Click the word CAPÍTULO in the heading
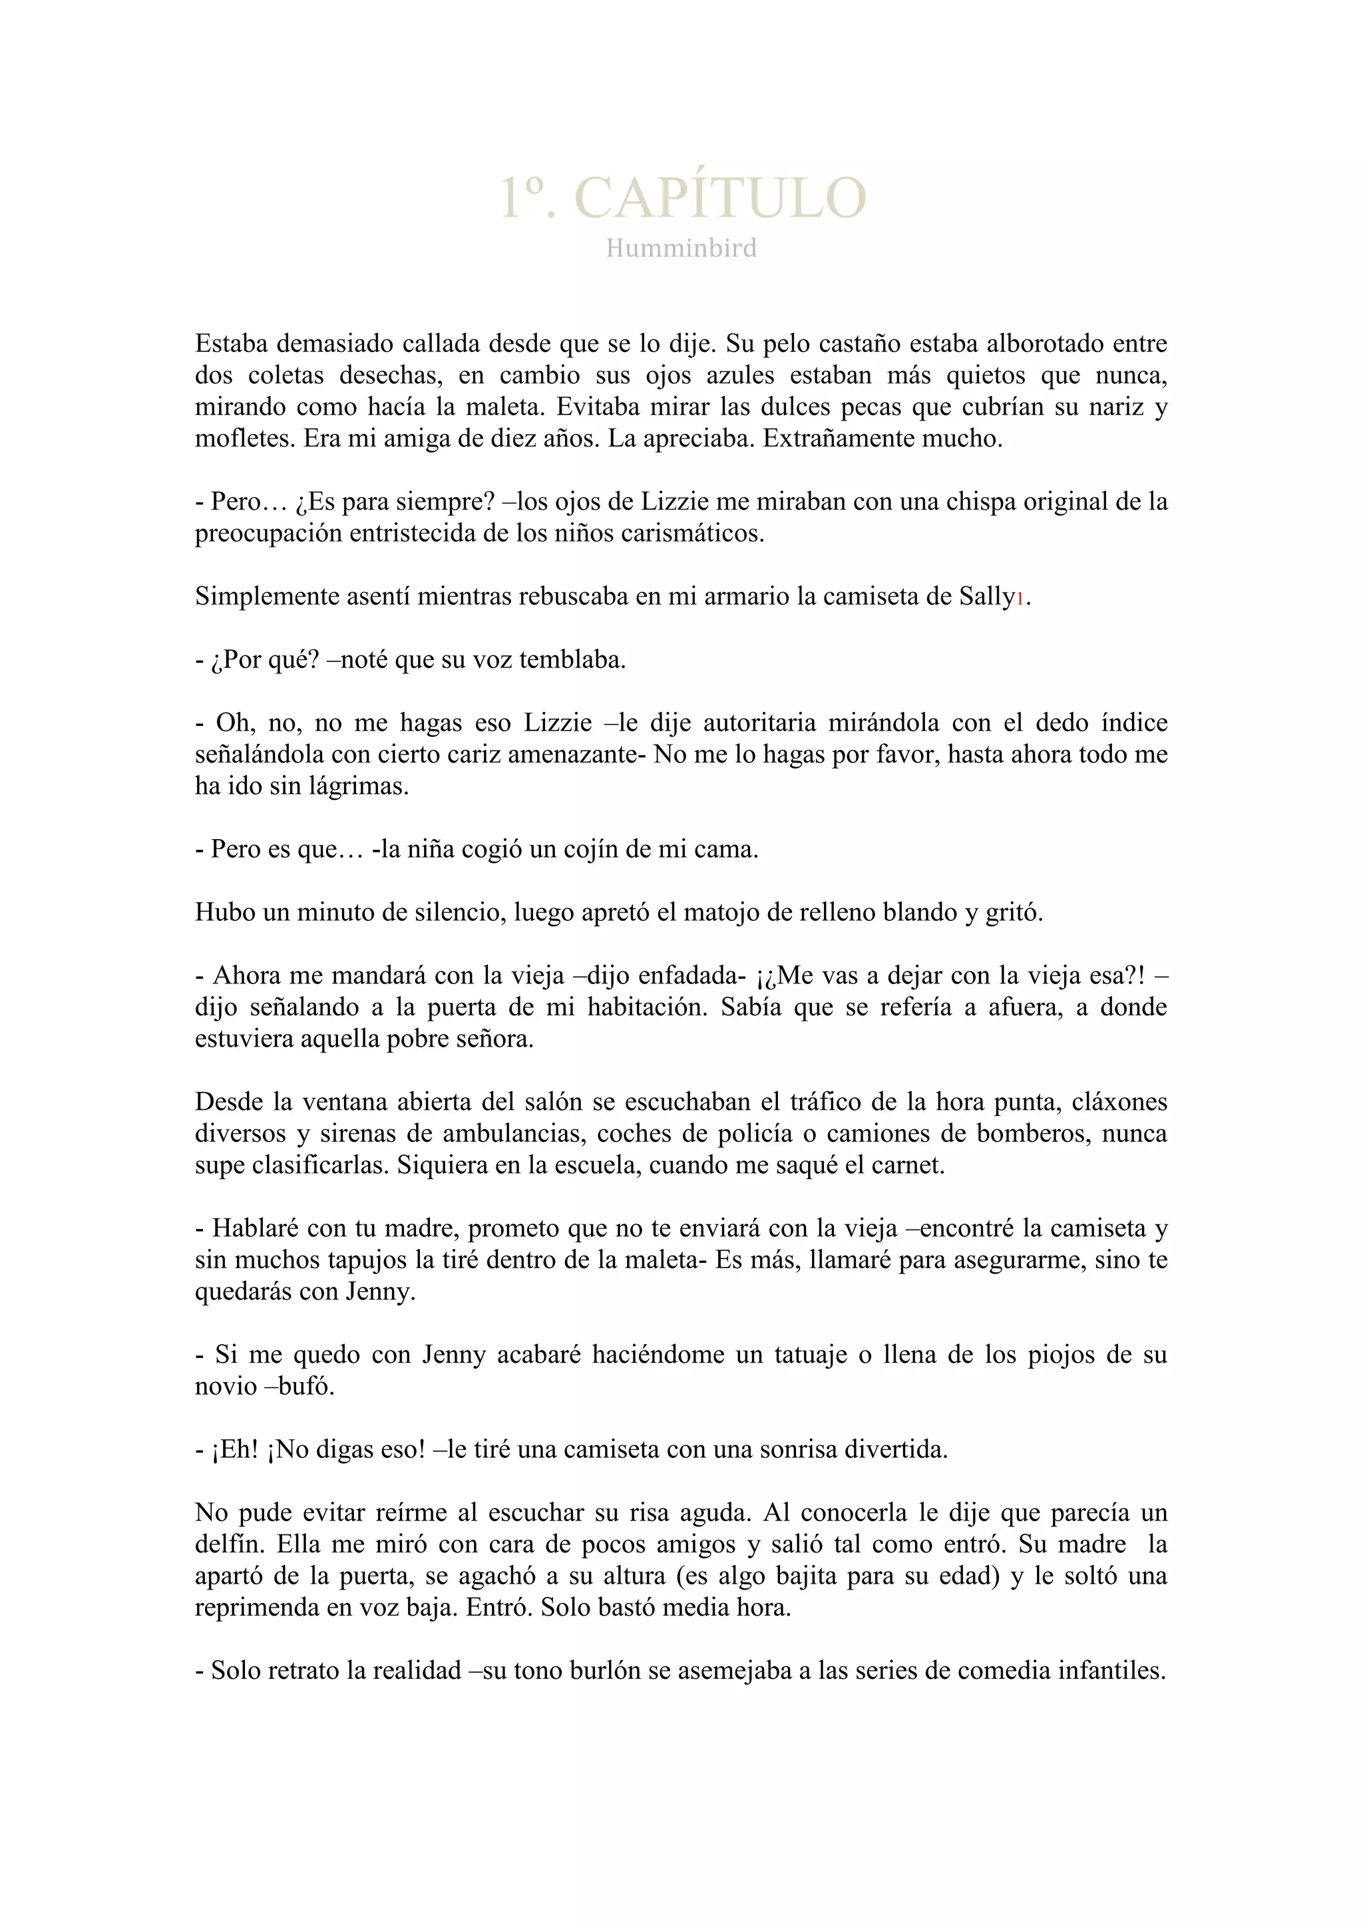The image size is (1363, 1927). tap(719, 198)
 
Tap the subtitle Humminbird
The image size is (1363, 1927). tap(681, 248)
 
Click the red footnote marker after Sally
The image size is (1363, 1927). tap(1020, 598)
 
